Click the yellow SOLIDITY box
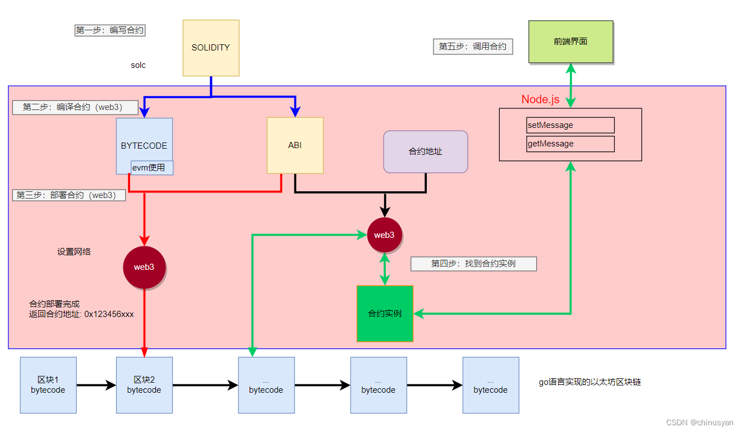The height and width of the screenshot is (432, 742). [x=211, y=48]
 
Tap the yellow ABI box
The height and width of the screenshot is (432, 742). [x=295, y=145]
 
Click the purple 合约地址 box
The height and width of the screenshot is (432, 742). [x=425, y=151]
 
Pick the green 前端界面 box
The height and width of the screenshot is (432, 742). [x=570, y=42]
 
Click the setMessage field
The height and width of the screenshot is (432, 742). [x=570, y=125]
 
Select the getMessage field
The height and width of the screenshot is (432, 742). [x=570, y=144]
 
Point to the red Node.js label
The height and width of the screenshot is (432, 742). [x=540, y=99]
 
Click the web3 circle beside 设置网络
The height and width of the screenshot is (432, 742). [x=144, y=267]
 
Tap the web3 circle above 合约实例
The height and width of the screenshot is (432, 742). [x=384, y=235]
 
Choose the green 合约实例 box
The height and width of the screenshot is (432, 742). [x=385, y=314]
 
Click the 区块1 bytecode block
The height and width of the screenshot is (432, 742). [x=48, y=385]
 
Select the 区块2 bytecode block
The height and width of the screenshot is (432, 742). [x=144, y=385]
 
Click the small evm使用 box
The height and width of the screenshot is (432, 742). [x=151, y=167]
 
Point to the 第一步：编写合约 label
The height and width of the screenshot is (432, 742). [x=110, y=30]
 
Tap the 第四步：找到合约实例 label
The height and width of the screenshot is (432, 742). [x=473, y=264]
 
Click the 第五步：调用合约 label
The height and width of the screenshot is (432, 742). [x=473, y=47]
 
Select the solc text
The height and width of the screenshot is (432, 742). [x=138, y=65]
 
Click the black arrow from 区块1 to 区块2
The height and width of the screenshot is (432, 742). [x=96, y=385]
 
